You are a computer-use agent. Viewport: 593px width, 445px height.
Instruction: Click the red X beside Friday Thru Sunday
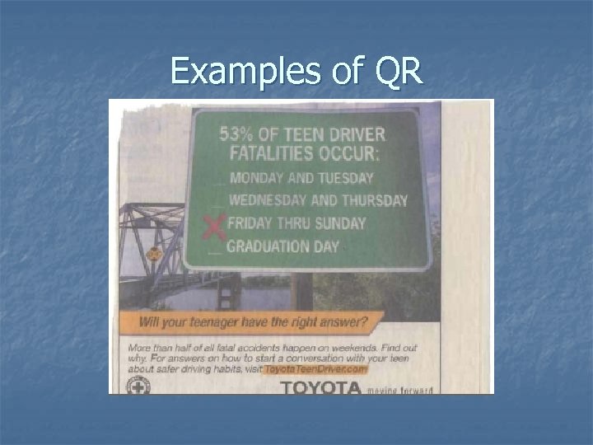click(x=215, y=226)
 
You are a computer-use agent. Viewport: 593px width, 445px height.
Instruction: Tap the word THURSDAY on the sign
click(x=374, y=200)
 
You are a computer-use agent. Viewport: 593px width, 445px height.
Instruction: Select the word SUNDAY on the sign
click(x=341, y=222)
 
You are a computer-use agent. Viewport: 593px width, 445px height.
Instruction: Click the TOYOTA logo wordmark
click(x=320, y=388)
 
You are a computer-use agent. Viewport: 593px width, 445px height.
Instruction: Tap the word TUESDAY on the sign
click(x=344, y=178)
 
